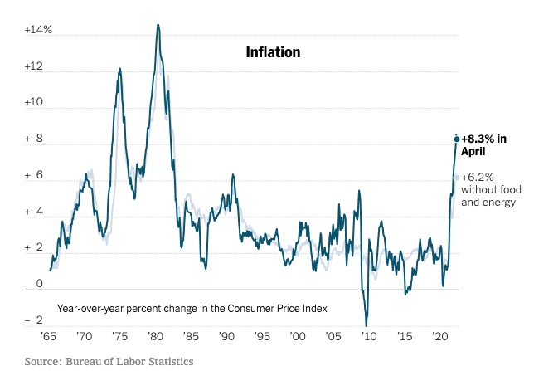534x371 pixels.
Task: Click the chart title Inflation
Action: (x=273, y=52)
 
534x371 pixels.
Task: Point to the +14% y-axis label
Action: (x=38, y=30)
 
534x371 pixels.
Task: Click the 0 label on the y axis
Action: (x=39, y=285)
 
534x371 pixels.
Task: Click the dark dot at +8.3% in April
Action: (x=456, y=139)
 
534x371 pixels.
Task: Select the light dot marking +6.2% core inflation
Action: (x=456, y=177)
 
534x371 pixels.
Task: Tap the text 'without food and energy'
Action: (x=489, y=196)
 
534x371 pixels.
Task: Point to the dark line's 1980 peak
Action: (x=158, y=25)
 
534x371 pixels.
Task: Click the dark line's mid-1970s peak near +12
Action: (x=119, y=69)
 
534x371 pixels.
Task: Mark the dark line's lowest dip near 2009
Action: (x=367, y=325)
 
